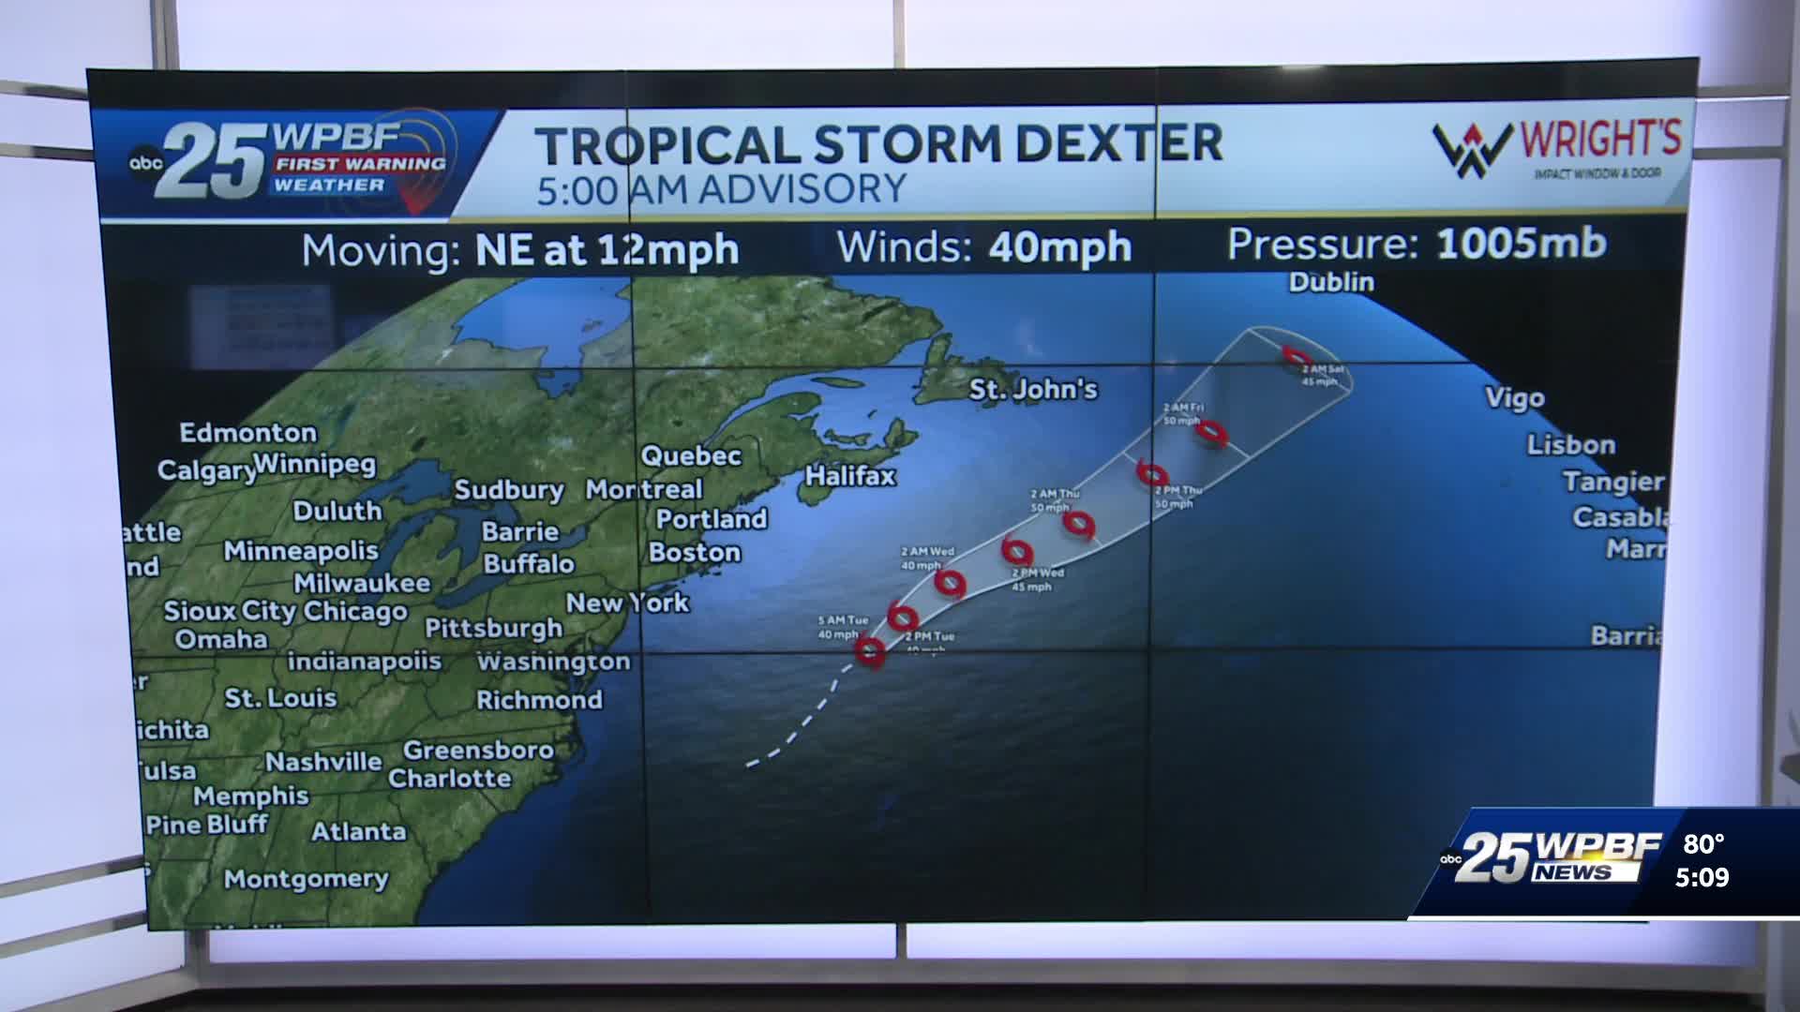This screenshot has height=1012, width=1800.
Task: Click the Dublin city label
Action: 1331,282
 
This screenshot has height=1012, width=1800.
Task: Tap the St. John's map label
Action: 1032,389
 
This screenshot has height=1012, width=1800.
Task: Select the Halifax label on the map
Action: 850,476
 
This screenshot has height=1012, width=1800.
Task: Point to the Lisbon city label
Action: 1571,445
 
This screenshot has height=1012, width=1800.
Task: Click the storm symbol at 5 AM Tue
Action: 870,650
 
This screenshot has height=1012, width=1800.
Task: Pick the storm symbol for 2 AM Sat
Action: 1297,356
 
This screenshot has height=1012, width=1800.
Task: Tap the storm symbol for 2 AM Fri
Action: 1212,432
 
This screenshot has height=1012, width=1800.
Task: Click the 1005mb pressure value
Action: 1521,244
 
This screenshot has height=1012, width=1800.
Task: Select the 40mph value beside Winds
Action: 1059,247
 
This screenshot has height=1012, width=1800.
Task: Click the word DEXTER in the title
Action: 1119,144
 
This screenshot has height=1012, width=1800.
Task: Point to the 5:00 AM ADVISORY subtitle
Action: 721,189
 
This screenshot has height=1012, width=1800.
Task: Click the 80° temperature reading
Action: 1703,845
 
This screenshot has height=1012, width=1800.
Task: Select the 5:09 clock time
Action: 1702,878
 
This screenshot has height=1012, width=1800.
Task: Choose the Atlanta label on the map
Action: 359,832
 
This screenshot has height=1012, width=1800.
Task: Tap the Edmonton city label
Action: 248,433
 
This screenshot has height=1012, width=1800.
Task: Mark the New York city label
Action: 627,603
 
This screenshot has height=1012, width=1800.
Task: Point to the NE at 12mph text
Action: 607,250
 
